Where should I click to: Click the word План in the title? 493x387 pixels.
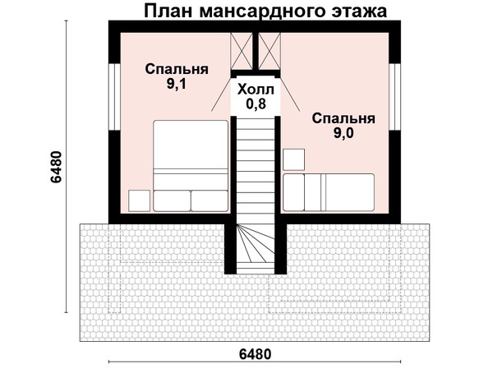click(168, 11)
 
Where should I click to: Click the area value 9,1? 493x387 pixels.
click(177, 84)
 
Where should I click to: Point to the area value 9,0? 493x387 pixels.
click(343, 133)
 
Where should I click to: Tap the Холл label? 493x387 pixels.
click(256, 90)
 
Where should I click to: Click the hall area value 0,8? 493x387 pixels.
click(256, 104)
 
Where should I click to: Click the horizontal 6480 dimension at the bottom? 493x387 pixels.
click(255, 354)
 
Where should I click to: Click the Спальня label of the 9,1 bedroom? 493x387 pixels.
click(177, 69)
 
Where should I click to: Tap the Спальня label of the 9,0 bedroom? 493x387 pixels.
click(343, 119)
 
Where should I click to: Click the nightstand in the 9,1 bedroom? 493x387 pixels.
click(140, 200)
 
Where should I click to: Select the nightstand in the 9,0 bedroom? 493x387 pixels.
click(294, 159)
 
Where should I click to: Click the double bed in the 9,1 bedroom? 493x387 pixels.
click(191, 166)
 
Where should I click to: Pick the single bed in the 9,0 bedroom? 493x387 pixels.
click(329, 192)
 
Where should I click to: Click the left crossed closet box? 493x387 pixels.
click(242, 51)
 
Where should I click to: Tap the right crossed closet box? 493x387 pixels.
click(270, 51)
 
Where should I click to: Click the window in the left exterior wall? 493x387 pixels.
click(115, 97)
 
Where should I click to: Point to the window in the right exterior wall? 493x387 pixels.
click(394, 97)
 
